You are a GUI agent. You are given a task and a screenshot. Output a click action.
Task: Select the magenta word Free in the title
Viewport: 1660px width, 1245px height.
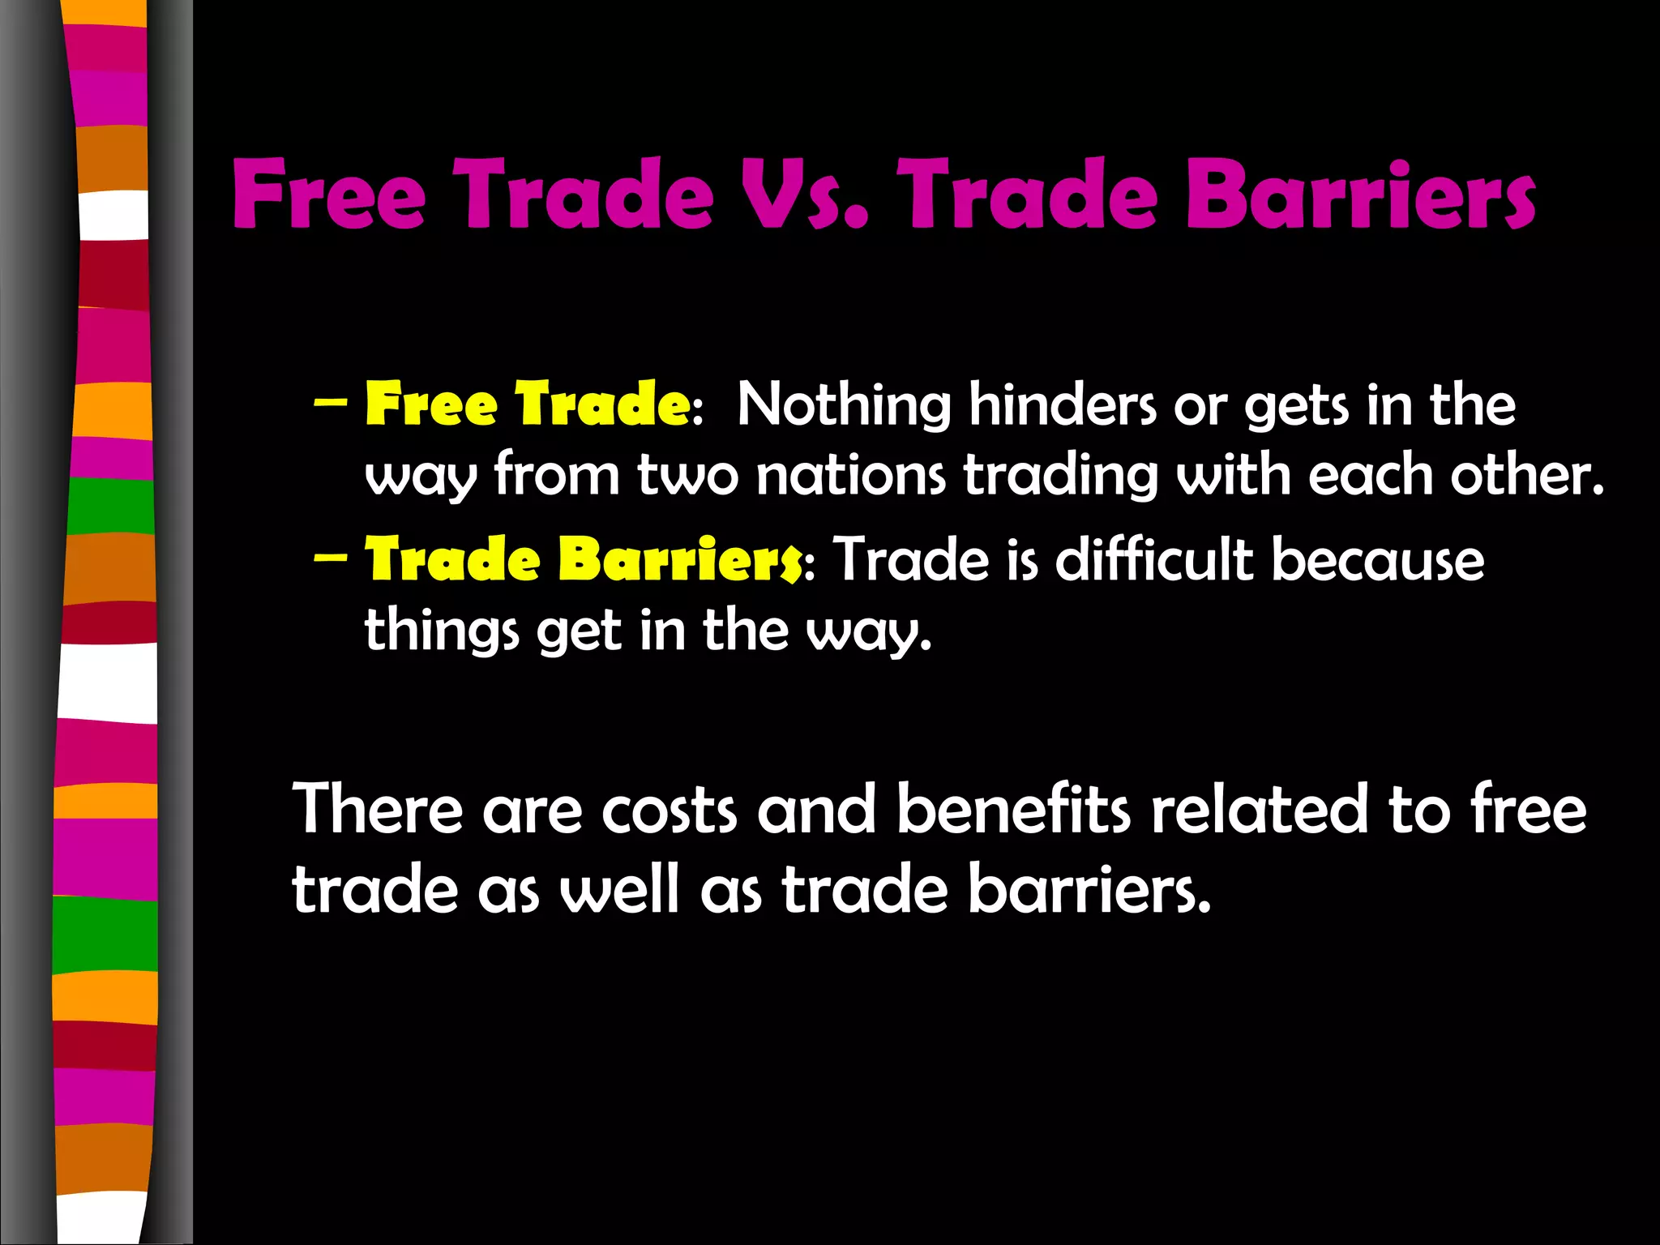(329, 195)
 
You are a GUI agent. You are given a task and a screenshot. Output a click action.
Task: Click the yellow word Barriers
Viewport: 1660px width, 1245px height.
(681, 560)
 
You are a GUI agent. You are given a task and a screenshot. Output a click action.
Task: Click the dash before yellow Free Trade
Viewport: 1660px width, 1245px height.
(330, 402)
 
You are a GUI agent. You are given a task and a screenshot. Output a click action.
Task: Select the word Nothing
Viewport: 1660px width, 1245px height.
(844, 405)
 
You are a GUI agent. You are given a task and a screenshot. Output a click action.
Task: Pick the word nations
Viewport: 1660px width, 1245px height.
(850, 475)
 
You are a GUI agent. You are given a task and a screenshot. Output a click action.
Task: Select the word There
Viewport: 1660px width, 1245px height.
(378, 809)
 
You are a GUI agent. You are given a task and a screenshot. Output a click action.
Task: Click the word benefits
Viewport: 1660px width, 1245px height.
(1013, 809)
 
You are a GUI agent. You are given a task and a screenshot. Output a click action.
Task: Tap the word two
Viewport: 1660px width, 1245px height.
(688, 477)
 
